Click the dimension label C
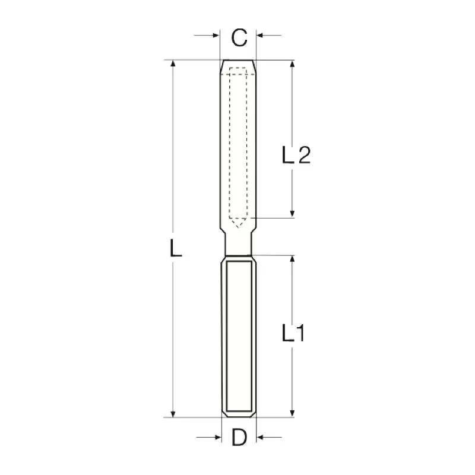239,38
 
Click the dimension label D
239,437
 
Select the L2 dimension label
296,155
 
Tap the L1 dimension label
293,332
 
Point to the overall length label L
176,248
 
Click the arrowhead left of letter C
216,36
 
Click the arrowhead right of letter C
260,36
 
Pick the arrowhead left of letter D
218,437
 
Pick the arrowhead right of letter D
260,437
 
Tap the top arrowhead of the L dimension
173,64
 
